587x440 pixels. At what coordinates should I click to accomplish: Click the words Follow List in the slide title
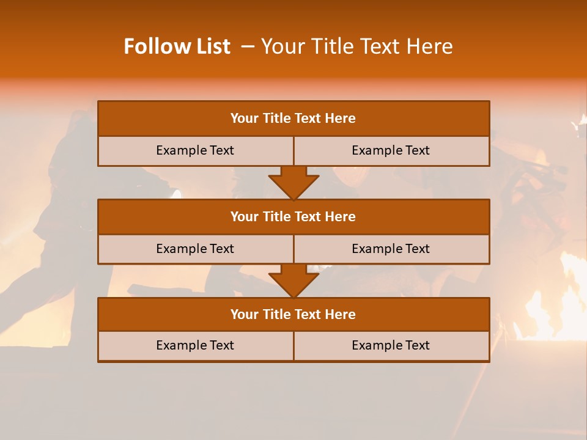tap(177, 46)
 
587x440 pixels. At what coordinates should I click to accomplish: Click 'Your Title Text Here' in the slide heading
tap(356, 46)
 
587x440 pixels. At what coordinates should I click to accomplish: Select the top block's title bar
tap(293, 119)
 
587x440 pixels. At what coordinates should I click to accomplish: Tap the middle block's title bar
tap(293, 216)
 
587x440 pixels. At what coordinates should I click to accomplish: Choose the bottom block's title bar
tap(293, 314)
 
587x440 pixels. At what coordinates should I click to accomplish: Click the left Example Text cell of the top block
tap(195, 150)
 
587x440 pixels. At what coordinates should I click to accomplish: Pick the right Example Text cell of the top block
tap(391, 150)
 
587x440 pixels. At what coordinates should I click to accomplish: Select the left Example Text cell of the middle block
tap(195, 249)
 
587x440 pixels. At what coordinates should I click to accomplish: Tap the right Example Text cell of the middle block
tap(391, 249)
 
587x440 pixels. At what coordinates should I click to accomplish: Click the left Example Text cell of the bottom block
tap(195, 345)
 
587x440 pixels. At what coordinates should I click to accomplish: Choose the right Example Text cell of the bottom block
tap(391, 345)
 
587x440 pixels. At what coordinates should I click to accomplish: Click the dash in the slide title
tap(247, 46)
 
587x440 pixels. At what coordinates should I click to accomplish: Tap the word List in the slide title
tap(212, 46)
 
